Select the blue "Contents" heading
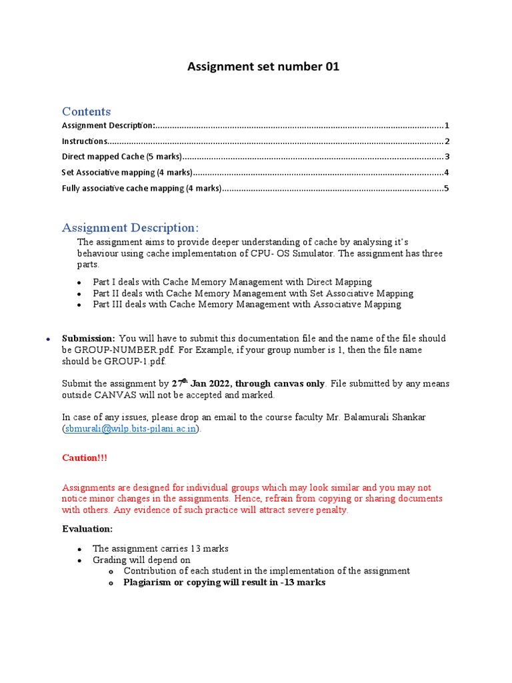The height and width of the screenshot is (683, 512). tap(86, 111)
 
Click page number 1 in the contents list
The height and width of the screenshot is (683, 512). tap(447, 125)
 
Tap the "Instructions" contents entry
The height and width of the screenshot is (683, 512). tap(85, 141)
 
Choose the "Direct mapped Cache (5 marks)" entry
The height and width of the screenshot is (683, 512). tap(121, 157)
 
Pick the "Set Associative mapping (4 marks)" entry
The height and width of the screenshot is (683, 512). tap(127, 173)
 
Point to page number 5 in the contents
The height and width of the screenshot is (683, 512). tap(447, 189)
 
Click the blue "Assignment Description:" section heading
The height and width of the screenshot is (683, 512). tap(130, 228)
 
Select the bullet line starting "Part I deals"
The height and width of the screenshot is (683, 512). tap(232, 282)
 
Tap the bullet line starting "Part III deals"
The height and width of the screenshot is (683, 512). tap(247, 304)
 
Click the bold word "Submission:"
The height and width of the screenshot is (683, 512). tap(89, 338)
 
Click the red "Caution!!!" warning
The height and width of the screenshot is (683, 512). tap(84, 458)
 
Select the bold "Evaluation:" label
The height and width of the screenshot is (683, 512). tap(87, 528)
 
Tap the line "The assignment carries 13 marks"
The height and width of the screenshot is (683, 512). tap(160, 548)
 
